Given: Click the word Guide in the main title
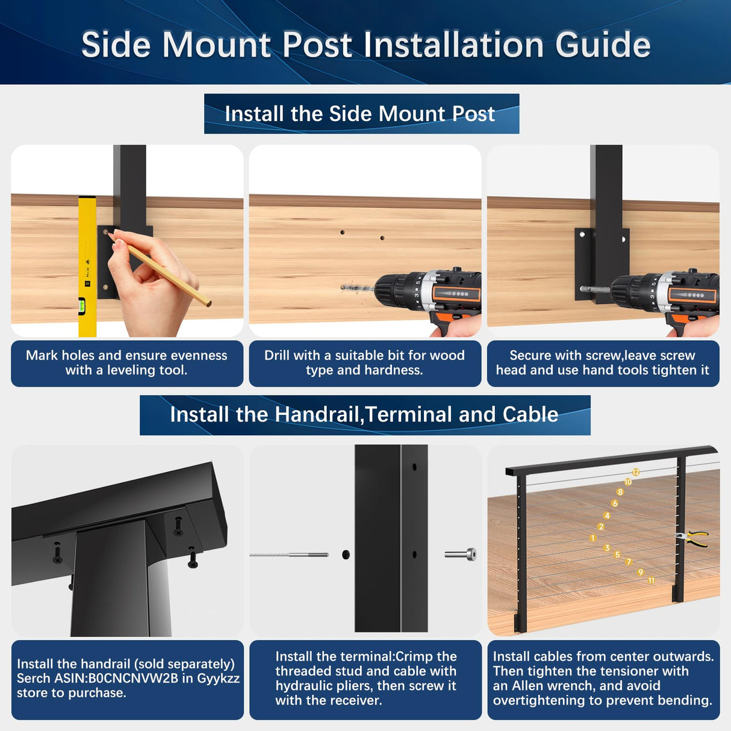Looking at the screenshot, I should pos(603,46).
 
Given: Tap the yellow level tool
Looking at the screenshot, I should pos(87,265).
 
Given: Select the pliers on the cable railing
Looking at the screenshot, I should pos(692,538).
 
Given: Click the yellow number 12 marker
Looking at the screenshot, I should pos(636,473).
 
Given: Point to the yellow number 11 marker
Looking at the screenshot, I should pos(651,580).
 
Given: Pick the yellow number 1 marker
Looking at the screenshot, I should pos(593,538).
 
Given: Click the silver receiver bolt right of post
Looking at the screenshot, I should pos(461,554).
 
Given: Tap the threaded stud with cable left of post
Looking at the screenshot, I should pos(289,555).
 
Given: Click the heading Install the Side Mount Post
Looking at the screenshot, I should pos(360,114).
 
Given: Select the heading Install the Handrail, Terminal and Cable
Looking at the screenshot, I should pos(364,415).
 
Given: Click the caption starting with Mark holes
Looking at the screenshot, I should pos(126,363).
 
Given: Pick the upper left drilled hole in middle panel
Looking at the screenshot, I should pos(343,232).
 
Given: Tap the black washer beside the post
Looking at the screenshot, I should pos(346,555).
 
